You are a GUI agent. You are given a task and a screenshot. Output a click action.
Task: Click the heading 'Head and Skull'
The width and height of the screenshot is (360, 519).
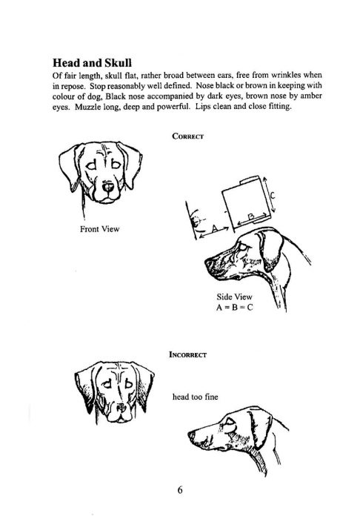tap(93, 63)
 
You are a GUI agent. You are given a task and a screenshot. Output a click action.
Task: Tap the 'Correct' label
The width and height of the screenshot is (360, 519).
tap(187, 136)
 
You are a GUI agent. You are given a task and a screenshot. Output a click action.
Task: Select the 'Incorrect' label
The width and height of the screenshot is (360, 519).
tap(187, 354)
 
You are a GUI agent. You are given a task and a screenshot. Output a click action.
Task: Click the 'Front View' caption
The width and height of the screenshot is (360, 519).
tap(99, 229)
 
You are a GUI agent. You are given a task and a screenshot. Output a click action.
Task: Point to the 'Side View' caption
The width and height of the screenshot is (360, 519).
tap(234, 297)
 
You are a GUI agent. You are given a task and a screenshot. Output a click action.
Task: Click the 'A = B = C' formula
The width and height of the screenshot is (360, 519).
tap(235, 307)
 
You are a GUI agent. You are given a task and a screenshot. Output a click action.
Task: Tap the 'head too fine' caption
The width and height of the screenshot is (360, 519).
tap(195, 397)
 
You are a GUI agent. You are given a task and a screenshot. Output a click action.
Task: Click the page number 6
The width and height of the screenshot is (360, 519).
tap(180, 490)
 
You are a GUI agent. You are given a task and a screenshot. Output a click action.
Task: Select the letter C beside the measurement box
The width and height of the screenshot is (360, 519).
tap(272, 196)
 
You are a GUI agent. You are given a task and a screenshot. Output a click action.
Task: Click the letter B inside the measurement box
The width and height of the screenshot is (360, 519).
tap(251, 216)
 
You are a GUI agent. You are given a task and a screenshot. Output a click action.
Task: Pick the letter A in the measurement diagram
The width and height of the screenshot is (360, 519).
tap(215, 228)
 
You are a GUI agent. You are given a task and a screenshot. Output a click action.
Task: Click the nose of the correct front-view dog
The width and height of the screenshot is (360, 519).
tap(107, 187)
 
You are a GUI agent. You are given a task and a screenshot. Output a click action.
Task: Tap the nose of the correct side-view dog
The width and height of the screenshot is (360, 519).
tap(209, 264)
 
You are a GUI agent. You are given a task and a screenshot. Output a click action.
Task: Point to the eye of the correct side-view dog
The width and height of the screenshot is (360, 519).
tap(243, 247)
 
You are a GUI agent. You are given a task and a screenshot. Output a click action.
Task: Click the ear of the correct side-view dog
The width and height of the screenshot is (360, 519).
tap(271, 250)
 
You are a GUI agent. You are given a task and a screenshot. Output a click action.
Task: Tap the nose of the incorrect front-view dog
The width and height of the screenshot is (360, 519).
tap(121, 408)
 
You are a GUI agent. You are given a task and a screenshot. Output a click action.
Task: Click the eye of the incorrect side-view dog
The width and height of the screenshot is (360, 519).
tap(229, 421)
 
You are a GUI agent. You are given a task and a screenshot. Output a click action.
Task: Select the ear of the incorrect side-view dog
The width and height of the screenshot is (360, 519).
tap(260, 429)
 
